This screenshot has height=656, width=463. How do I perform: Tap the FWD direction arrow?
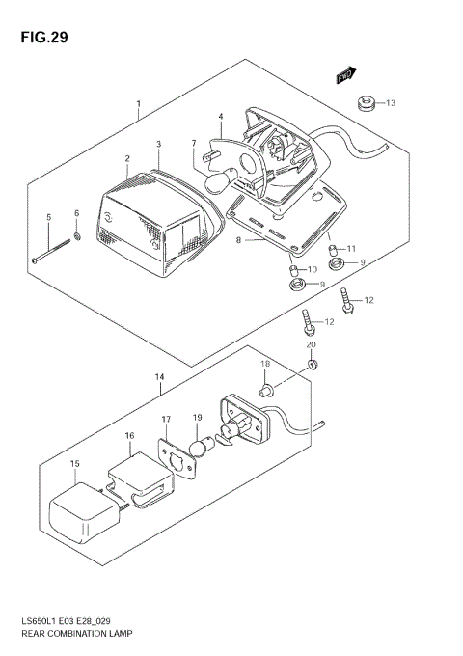pyautogui.click(x=346, y=73)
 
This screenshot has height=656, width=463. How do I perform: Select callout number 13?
pyautogui.click(x=391, y=102)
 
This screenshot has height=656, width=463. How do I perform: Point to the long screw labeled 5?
pyautogui.click(x=53, y=250)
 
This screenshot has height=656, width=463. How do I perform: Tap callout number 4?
pyautogui.click(x=220, y=117)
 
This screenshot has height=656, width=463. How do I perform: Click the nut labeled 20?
pyautogui.click(x=312, y=363)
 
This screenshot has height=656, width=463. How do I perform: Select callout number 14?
pyautogui.click(x=160, y=377)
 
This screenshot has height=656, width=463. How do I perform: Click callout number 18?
pyautogui.click(x=264, y=364)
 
